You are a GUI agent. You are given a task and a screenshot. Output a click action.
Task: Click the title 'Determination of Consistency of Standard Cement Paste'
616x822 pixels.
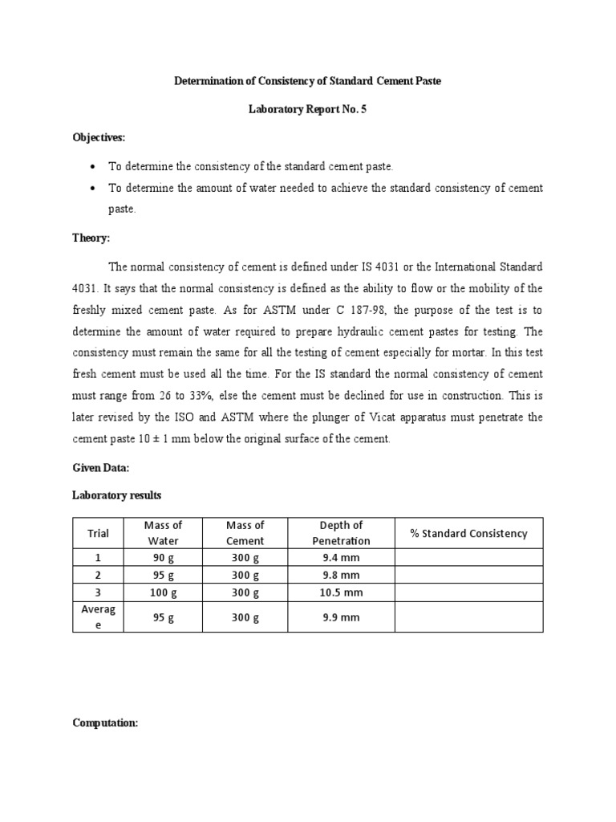[308, 82]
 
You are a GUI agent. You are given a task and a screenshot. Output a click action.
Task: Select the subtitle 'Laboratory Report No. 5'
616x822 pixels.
[308, 109]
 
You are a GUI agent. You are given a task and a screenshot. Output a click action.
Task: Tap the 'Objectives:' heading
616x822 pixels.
[99, 137]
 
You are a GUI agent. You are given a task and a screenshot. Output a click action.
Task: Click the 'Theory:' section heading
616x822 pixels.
[91, 238]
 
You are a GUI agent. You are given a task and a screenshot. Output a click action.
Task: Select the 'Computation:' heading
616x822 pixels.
[105, 722]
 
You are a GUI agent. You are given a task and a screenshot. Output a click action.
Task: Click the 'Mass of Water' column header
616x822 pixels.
[163, 533]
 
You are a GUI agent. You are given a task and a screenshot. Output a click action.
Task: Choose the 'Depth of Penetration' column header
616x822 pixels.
[341, 533]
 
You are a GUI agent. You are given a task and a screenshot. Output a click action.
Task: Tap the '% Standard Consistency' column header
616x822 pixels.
[468, 533]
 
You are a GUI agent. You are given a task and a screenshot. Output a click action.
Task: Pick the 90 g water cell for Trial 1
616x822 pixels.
[163, 558]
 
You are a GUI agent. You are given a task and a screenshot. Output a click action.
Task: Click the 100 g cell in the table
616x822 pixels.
[163, 593]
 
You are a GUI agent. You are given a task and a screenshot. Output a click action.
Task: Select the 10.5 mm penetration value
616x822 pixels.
[341, 593]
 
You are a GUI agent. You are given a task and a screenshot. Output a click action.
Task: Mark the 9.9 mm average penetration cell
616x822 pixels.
[341, 617]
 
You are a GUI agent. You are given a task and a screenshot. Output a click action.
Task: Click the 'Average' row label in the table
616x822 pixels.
[99, 617]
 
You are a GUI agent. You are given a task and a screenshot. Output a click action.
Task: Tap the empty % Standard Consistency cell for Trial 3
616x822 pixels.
[468, 593]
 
